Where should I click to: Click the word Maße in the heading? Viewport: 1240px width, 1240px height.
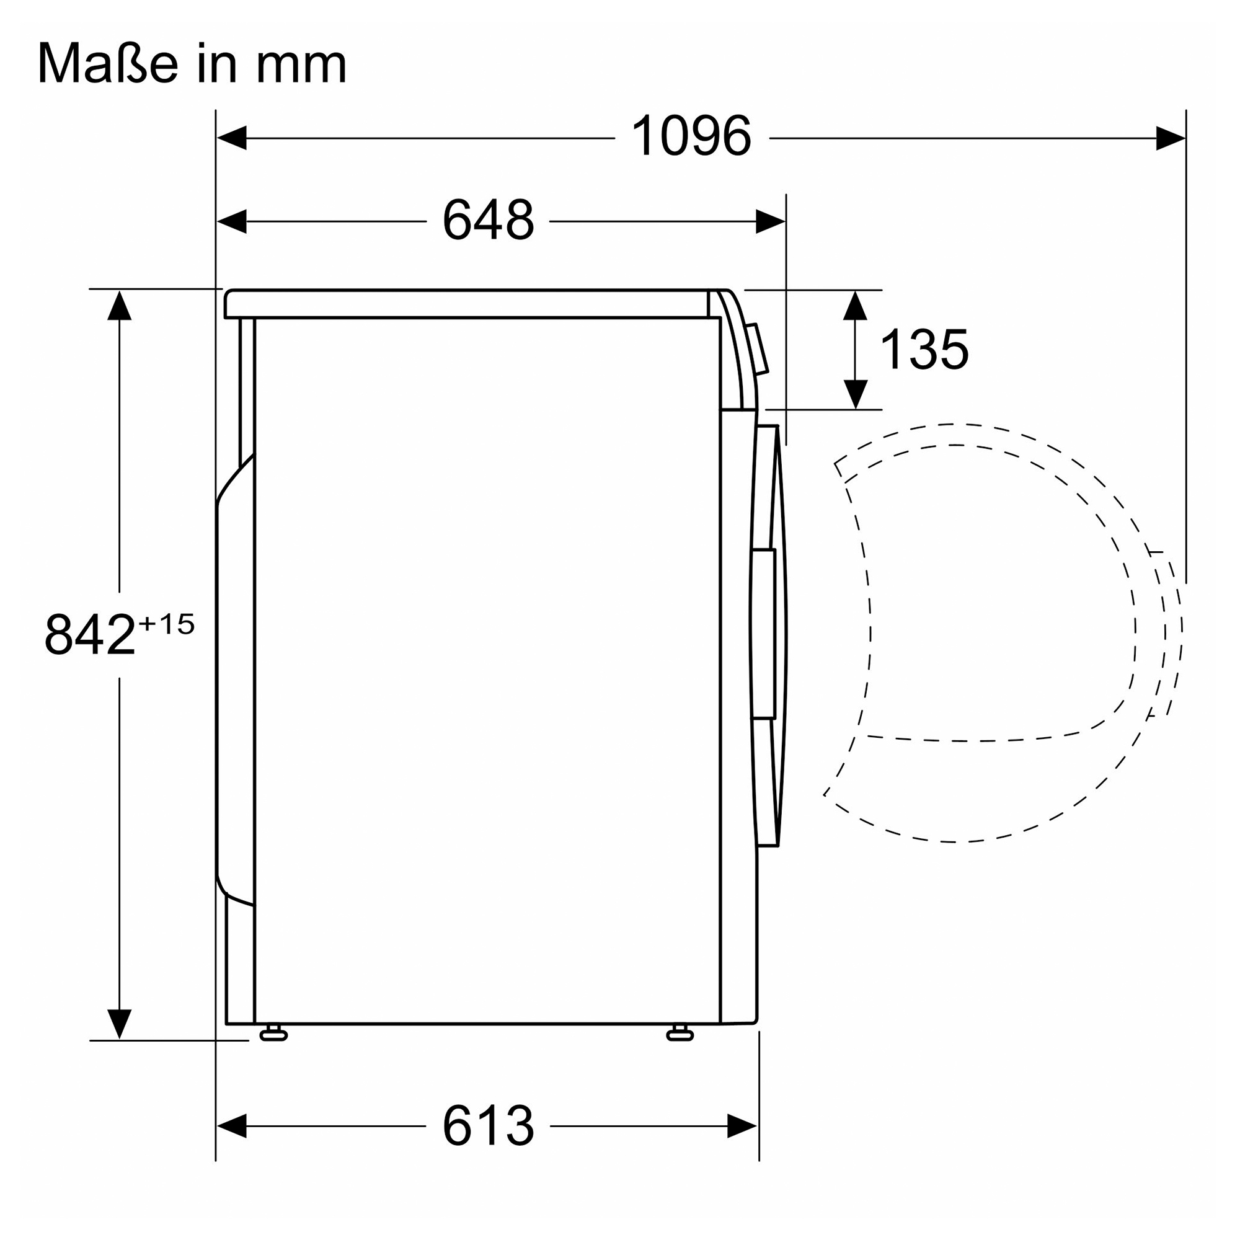tap(108, 63)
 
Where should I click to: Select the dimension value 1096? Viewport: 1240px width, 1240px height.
tap(691, 136)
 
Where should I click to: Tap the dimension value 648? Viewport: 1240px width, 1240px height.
tap(489, 219)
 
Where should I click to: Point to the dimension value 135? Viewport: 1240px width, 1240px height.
tap(924, 349)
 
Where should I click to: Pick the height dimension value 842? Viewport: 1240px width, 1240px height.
tap(90, 634)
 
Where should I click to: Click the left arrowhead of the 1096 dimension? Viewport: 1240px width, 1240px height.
tap(231, 138)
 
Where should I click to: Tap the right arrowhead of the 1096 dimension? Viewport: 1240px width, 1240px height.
tap(1171, 138)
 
